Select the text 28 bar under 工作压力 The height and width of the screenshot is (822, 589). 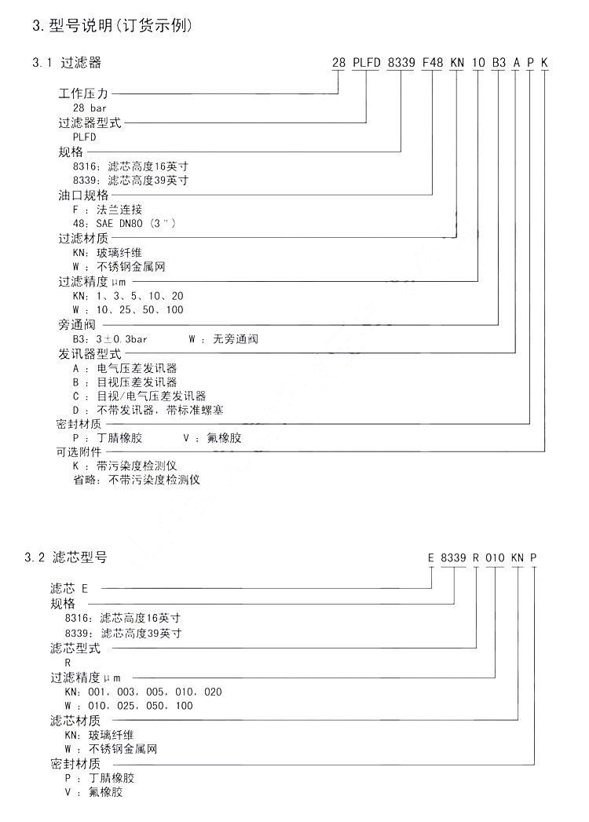pyautogui.click(x=90, y=108)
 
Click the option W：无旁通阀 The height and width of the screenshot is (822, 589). pyautogui.click(x=223, y=339)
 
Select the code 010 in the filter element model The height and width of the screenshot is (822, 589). pyautogui.click(x=495, y=558)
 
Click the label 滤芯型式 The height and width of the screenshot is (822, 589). pyautogui.click(x=75, y=648)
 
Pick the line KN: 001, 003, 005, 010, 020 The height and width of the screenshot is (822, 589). pyautogui.click(x=144, y=692)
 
